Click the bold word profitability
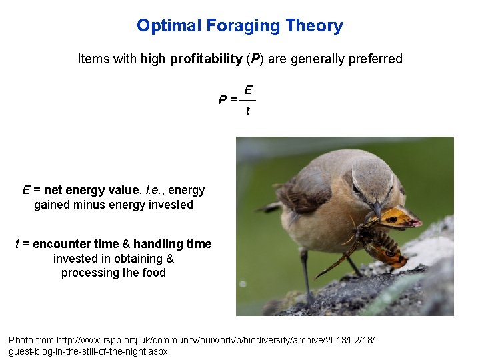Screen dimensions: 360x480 (x=206, y=59)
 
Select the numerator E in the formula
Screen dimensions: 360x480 (x=248, y=89)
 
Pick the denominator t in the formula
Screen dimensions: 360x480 (x=248, y=111)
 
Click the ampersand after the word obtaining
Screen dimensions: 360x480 (x=169, y=259)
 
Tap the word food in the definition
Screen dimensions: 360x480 (x=153, y=273)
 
